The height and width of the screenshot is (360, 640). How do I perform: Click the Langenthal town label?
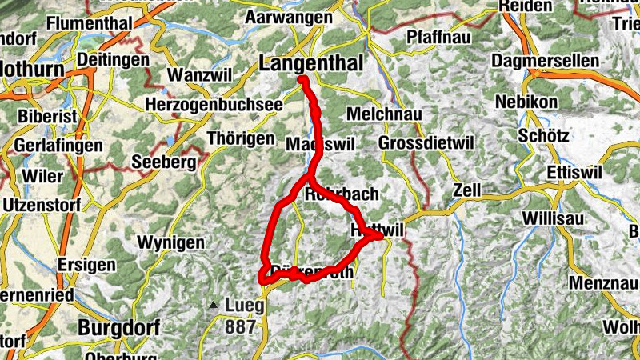(311, 63)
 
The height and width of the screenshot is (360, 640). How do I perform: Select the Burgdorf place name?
(119, 327)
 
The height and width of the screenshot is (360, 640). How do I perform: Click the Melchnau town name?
(384, 114)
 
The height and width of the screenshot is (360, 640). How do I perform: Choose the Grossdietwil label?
(426, 142)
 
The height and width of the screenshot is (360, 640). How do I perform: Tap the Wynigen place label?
(170, 242)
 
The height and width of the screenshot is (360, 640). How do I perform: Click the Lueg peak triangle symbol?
(213, 305)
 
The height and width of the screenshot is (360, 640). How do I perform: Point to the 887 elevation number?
(240, 326)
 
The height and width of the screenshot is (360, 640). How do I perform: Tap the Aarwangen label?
(290, 17)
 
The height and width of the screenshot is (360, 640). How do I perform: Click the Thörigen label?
(240, 138)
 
